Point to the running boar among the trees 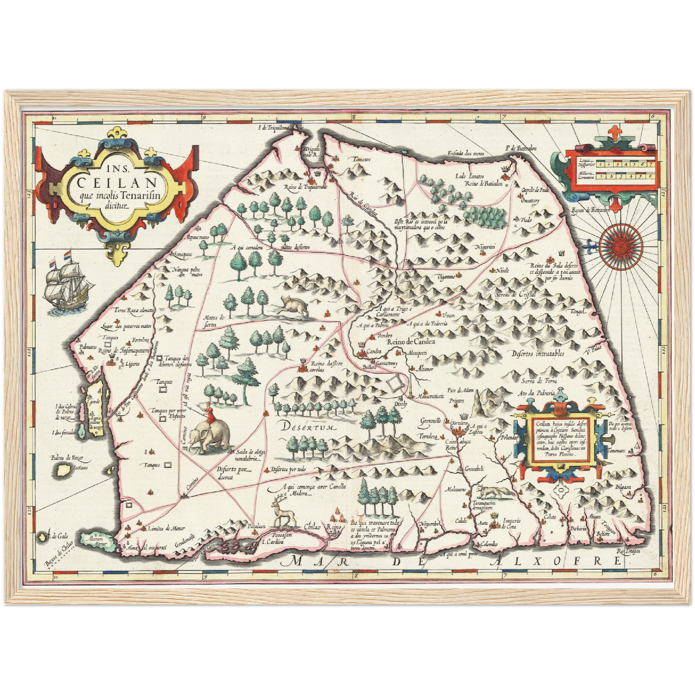(294, 306)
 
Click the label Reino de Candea (410, 341)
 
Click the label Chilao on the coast (312, 527)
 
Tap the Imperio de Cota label (511, 523)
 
